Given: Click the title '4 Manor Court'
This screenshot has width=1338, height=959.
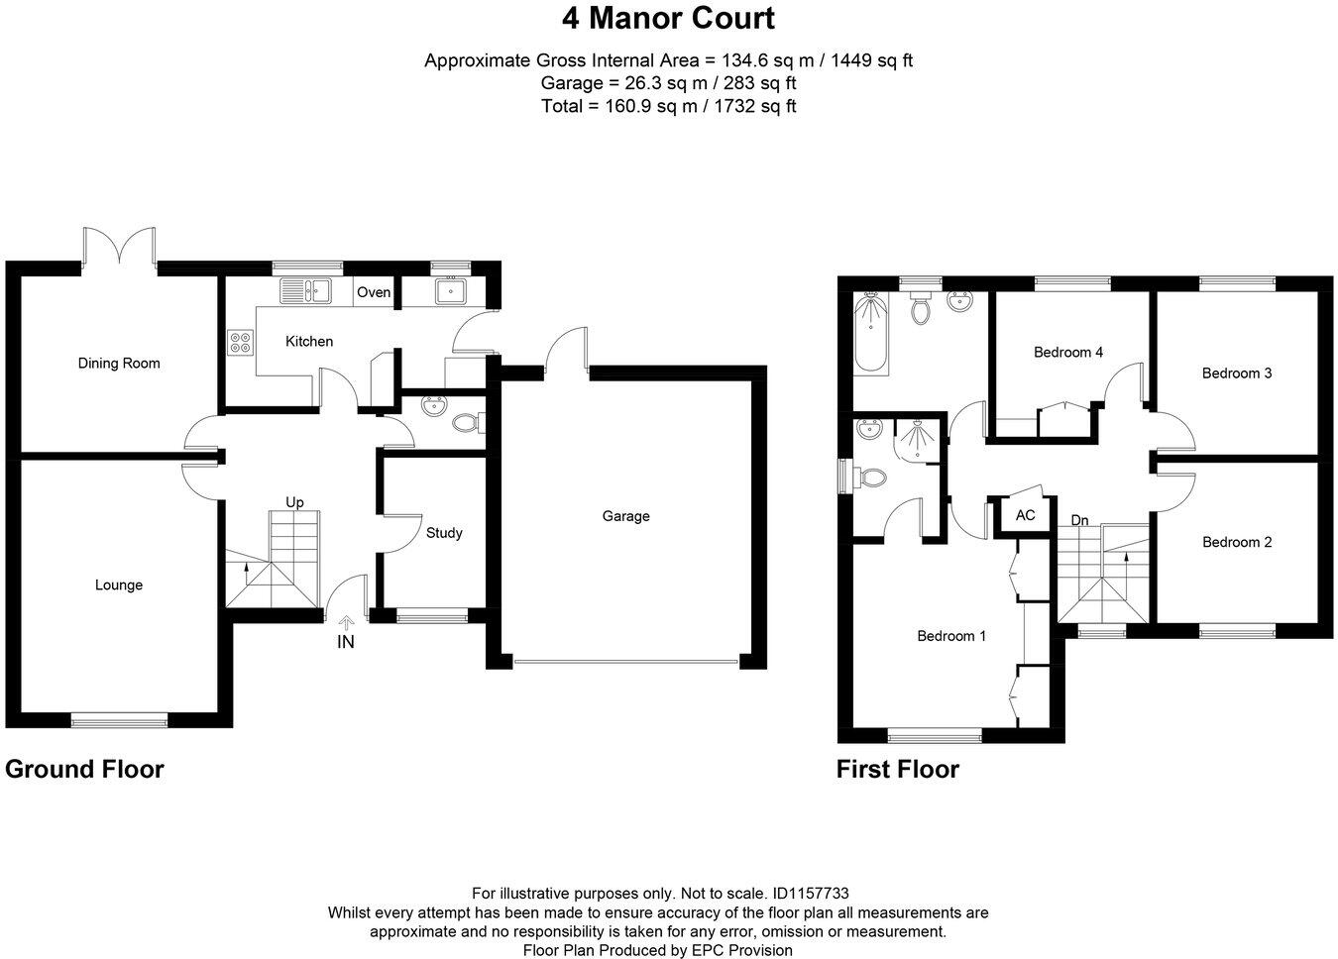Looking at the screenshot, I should coord(668,18).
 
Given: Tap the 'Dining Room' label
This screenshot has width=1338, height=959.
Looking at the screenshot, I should coord(119,364).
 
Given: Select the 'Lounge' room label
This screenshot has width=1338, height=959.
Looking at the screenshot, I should coord(119,586).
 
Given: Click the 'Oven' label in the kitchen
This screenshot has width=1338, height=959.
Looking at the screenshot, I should coord(374,292).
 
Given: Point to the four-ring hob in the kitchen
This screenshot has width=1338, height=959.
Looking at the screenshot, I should coord(240,343).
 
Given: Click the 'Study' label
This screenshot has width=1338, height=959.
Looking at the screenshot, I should coord(444,533).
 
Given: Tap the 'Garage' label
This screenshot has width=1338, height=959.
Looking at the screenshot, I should coord(626,516).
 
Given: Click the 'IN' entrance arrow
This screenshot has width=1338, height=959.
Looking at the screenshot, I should coord(346,624).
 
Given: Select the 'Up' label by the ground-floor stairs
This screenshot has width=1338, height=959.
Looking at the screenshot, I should coord(294,502).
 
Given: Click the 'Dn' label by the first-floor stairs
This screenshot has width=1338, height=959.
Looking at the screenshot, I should coord(1080,520).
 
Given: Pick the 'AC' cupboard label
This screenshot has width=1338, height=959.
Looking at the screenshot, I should coord(1025,515).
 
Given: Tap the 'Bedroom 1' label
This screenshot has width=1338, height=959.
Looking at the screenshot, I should coord(951,636).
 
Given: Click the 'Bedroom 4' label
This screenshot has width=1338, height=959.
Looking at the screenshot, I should coord(1068,353).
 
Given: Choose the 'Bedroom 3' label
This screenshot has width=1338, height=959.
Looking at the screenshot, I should coord(1237,373).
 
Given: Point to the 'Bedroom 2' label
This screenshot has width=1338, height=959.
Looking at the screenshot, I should coord(1237,542).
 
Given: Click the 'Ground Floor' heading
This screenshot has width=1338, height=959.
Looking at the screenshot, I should coord(84,769).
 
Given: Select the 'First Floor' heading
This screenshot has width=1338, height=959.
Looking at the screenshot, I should coord(898,770).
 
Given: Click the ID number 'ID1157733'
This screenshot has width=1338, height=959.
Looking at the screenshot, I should coord(810,893).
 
